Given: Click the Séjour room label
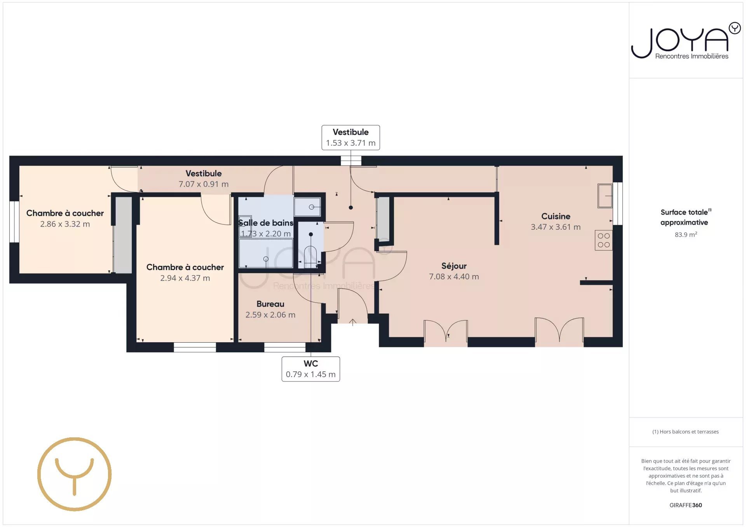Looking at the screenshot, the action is (454, 266).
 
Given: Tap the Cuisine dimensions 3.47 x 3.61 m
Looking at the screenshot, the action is (556, 227).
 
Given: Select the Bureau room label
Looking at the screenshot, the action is (270, 304).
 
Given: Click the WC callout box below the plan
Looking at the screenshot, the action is (311, 369).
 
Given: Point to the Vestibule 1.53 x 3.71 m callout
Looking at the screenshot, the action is (350, 137).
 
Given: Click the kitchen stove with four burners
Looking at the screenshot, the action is (603, 240).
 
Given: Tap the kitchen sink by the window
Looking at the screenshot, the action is (605, 196).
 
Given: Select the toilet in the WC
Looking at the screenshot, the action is (310, 256).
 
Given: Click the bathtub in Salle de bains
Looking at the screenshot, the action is (266, 253).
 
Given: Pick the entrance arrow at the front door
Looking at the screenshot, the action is (353, 322).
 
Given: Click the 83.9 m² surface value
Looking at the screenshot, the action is (686, 234).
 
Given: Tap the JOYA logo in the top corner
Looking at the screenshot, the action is (686, 41).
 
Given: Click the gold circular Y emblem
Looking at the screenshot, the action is (75, 474).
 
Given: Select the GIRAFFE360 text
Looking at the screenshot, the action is (686, 505).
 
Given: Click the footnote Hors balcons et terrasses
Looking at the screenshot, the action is (685, 432).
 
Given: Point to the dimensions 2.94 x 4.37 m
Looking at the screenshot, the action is (185, 278).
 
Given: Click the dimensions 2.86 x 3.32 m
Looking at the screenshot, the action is (65, 224).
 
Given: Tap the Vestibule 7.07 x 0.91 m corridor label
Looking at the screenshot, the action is (204, 179).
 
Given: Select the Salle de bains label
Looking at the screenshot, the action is (266, 223).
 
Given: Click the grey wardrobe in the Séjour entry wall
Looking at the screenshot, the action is (383, 219).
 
